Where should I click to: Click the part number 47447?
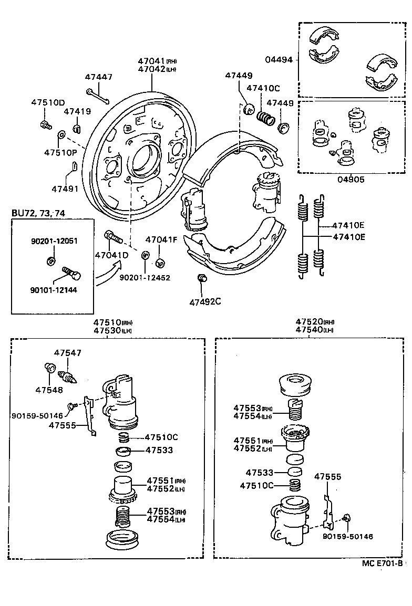coord(99,77)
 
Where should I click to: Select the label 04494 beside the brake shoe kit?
coord(279,60)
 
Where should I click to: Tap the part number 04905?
coord(351,179)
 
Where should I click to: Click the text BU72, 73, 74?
coord(39,213)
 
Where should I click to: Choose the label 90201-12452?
coord(145,277)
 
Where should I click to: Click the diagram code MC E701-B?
coord(382,563)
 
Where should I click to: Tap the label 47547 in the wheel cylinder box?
coord(68,353)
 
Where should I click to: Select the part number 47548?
coord(49,390)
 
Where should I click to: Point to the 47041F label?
coord(161,240)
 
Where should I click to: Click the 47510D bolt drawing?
coord(45,125)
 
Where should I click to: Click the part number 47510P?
coord(60,152)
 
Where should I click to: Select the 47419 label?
coord(77,111)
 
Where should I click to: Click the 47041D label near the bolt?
coord(111,255)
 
